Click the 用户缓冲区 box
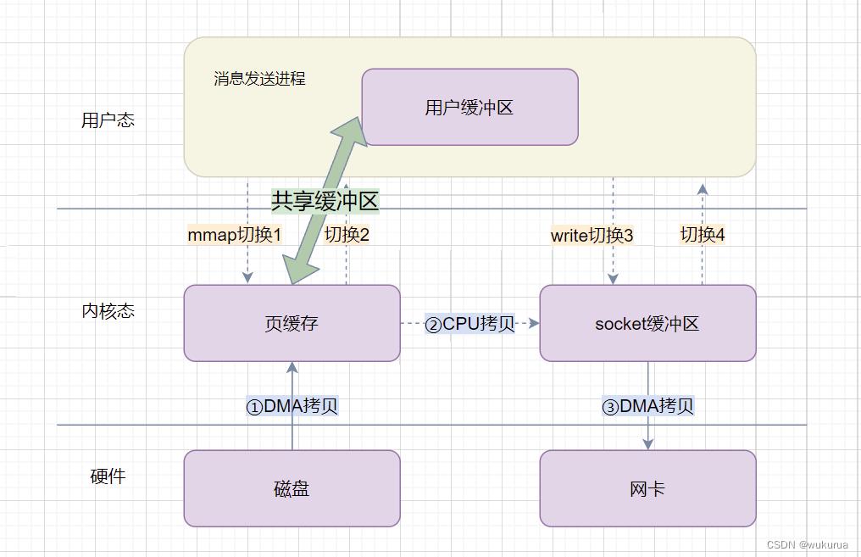pos(469,108)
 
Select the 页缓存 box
pos(292,323)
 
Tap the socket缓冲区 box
pos(647,323)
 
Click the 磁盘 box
pos(292,488)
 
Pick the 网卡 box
pos(647,488)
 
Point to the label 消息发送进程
pos(259,79)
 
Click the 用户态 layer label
pos(108,120)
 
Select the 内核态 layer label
pos(108,311)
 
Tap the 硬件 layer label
pos(108,476)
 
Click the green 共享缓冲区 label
pos(325,201)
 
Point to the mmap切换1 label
pos(234,235)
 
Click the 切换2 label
pos(347,235)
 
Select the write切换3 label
pos(592,236)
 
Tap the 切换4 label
pos(703,235)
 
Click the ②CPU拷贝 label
pos(470,324)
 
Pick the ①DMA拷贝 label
pos(292,406)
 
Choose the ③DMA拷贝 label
pos(647,406)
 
